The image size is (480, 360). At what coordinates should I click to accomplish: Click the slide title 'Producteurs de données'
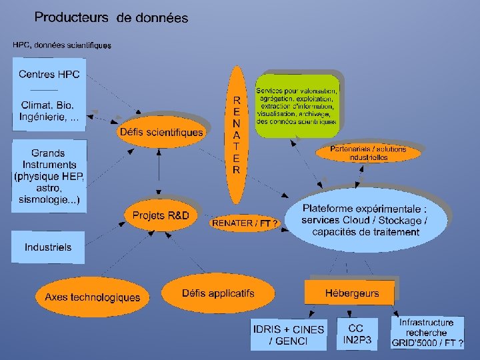coord(111,18)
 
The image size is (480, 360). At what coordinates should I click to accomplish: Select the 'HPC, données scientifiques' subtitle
coord(62,45)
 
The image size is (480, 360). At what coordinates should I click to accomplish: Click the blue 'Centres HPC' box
coord(49,94)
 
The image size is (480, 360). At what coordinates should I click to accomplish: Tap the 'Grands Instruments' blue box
coord(49,175)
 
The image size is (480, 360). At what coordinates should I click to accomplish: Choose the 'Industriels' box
coord(48,247)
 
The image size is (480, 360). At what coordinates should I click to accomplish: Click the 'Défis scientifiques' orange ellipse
coord(161,132)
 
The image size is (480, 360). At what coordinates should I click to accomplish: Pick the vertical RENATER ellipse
coord(236,134)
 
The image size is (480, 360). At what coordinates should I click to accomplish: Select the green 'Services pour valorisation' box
coord(297,105)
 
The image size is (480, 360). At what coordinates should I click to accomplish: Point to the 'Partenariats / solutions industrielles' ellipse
coord(368,153)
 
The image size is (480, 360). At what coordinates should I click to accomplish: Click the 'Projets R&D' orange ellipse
coord(161,215)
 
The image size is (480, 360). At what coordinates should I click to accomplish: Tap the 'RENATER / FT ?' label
coord(245,223)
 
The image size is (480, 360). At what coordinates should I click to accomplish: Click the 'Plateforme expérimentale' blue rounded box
coord(365,220)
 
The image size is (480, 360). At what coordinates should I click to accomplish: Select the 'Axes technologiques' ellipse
coord(92,297)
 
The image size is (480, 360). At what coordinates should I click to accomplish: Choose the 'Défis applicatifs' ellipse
coord(218,293)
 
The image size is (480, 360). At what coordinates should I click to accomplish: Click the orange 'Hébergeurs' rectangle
coord(351,293)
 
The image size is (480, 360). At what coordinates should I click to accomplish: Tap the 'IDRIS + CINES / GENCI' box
coord(289,335)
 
